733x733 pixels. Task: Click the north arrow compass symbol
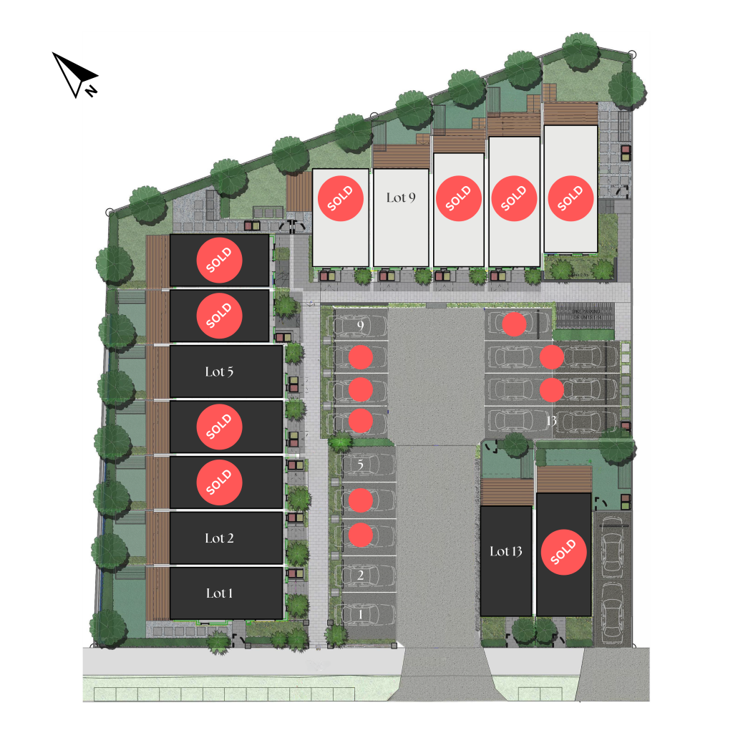click(75, 75)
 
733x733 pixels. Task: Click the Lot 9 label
click(401, 198)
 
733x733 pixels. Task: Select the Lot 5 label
click(220, 372)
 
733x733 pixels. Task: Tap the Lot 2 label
click(220, 538)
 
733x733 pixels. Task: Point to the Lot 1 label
click(220, 593)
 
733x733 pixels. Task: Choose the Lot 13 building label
click(506, 551)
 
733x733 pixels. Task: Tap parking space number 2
click(361, 575)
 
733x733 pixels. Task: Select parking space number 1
click(361, 613)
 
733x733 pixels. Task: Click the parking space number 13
click(551, 420)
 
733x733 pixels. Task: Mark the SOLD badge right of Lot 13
click(564, 553)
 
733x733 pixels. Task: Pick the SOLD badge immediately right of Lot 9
click(458, 198)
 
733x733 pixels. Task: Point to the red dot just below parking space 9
click(361, 356)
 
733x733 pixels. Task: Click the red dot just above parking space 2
click(361, 534)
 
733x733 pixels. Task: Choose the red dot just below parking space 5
click(361, 500)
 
